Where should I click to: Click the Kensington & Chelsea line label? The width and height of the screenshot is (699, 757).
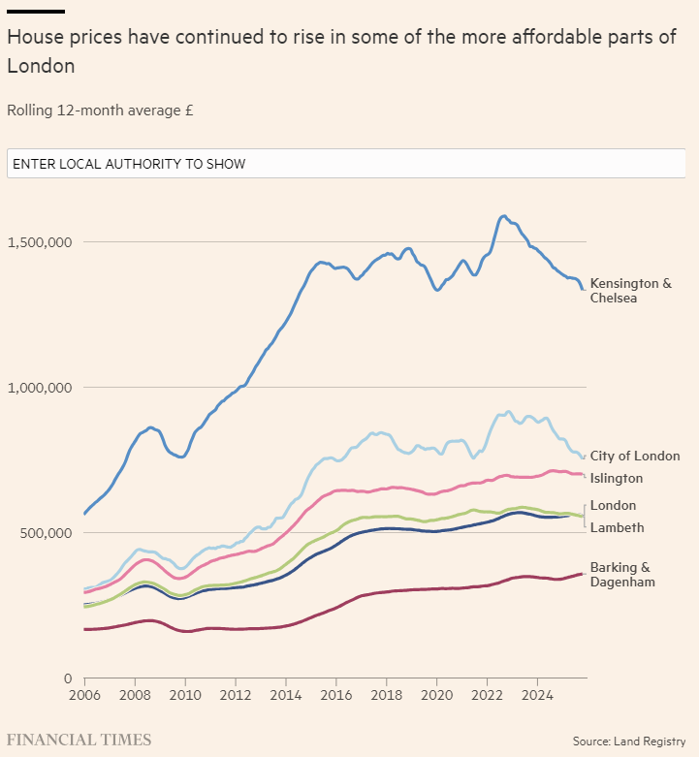630,291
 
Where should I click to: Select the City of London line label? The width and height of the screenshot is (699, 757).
634,456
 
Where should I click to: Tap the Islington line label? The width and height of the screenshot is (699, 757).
617,478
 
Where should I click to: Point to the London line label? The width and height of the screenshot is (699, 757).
613,505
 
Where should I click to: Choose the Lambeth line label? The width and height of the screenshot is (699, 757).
617,527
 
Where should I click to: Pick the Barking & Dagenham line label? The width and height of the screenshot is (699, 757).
622,575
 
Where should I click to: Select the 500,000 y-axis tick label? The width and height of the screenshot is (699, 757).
43,533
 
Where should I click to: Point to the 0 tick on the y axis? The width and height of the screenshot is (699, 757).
68,678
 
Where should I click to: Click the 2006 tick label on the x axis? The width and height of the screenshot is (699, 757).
84,695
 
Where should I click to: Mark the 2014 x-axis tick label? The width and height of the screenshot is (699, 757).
286,695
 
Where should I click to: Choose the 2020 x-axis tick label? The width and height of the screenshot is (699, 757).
437,695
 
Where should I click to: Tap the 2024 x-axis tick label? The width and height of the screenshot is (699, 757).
538,695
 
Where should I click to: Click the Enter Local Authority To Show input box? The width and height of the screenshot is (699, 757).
346,164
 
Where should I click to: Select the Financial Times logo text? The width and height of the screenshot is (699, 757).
79,740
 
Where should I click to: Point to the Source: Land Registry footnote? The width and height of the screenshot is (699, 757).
629,741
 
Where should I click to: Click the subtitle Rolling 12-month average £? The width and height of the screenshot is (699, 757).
100,110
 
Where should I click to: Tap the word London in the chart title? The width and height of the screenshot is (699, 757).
41,66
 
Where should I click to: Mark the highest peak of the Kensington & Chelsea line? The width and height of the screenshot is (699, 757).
503,216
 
